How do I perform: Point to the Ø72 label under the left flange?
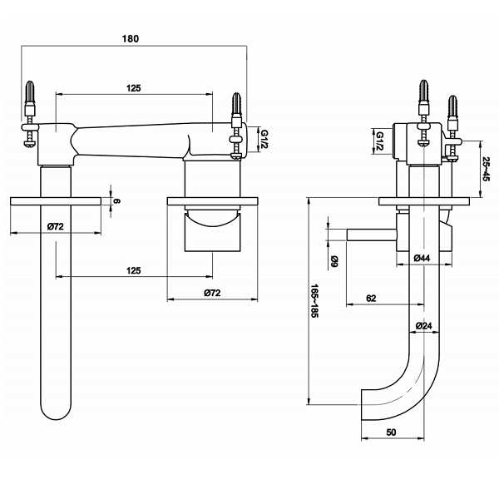(x=57, y=225)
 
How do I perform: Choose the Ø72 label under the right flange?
(x=211, y=293)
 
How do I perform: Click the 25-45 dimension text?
(x=486, y=169)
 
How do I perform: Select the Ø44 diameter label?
(x=422, y=259)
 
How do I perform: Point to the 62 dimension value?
(x=371, y=297)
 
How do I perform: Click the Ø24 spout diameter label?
(x=422, y=325)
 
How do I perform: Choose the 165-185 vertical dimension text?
(x=315, y=303)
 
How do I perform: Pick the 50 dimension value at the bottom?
(x=391, y=433)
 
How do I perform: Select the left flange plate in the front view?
(x=56, y=201)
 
